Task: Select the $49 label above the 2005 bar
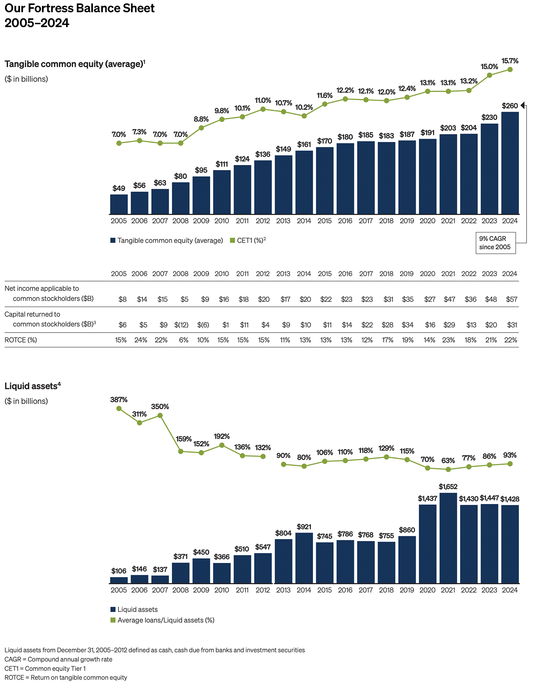pos(119,188)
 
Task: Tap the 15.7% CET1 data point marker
pos(510,69)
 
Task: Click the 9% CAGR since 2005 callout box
pos(495,243)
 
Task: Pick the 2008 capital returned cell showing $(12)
pos(181,325)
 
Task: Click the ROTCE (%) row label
pos(21,340)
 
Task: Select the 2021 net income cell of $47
pos(449,299)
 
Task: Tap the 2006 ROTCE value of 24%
pos(141,340)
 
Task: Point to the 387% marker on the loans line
pos(119,409)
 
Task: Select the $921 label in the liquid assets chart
pos(304,527)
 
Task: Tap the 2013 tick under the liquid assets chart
pos(283,590)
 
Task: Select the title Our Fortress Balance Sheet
pos(79,8)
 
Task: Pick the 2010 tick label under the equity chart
pos(222,221)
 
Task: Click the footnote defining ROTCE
pos(66,677)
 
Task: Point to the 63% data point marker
pos(448,469)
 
